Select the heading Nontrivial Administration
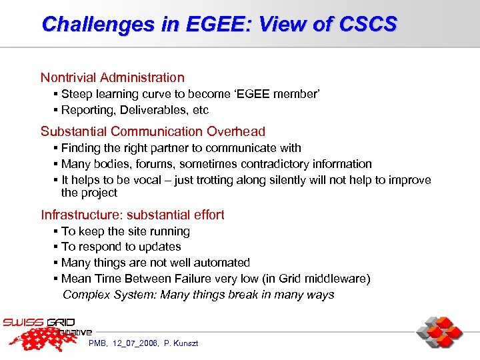pos(112,78)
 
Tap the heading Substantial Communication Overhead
pos(153,131)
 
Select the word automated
pos(221,263)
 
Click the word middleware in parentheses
pos(335,279)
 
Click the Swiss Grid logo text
pos(40,323)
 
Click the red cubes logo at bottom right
pos(439,333)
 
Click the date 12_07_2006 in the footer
pos(135,343)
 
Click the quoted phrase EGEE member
pos(280,94)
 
